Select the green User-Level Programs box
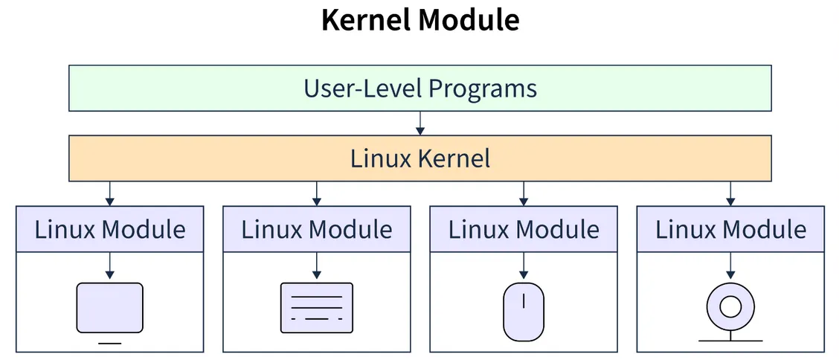[x=419, y=89]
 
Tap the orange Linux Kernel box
[x=419, y=158]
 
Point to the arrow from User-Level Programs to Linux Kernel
[x=420, y=123]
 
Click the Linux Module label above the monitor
[x=109, y=229]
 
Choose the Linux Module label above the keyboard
[x=316, y=229]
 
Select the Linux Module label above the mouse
[x=524, y=229]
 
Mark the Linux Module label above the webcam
[x=730, y=229]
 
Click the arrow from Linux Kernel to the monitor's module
[x=109, y=193]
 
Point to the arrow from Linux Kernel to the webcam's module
[x=730, y=193]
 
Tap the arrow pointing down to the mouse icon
[x=524, y=265]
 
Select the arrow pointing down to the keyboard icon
[x=316, y=265]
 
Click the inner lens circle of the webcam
[x=730, y=306]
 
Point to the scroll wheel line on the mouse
[x=524, y=301]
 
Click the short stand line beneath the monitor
[x=109, y=343]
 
